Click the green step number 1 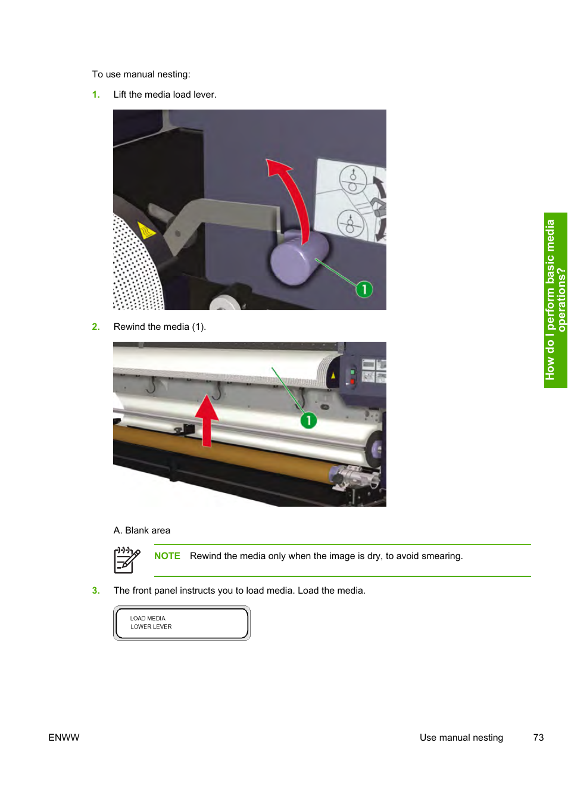[x=95, y=95]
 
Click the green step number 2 [x=95, y=327]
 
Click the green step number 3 [x=95, y=591]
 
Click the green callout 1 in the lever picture [x=364, y=289]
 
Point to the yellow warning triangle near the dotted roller [x=146, y=230]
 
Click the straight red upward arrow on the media [x=207, y=420]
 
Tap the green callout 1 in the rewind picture [x=308, y=420]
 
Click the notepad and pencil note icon [x=127, y=560]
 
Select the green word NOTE [x=167, y=556]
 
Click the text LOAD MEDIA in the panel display [x=148, y=619]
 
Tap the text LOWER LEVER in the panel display [x=151, y=627]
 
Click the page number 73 [x=538, y=738]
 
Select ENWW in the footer [x=64, y=738]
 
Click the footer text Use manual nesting [x=461, y=738]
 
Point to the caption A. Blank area [x=142, y=531]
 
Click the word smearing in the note [x=441, y=556]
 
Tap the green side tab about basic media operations [x=555, y=300]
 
